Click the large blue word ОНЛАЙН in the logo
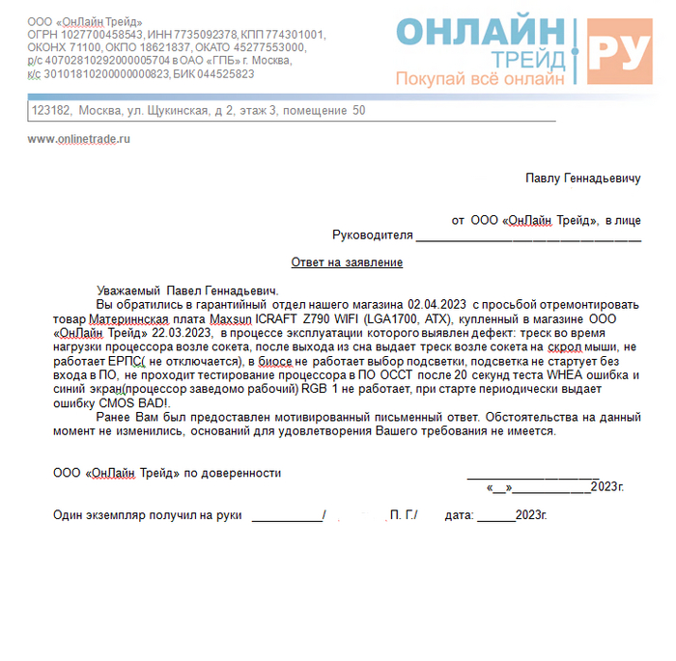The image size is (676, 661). [481, 32]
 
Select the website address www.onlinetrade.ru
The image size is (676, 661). [79, 139]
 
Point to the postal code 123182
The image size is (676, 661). [51, 111]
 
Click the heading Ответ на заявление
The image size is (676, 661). [347, 262]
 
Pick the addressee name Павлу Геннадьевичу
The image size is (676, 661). [582, 179]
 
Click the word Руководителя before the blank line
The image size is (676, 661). [373, 235]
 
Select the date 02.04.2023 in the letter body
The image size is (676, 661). [437, 303]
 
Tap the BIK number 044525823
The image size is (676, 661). [218, 73]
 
